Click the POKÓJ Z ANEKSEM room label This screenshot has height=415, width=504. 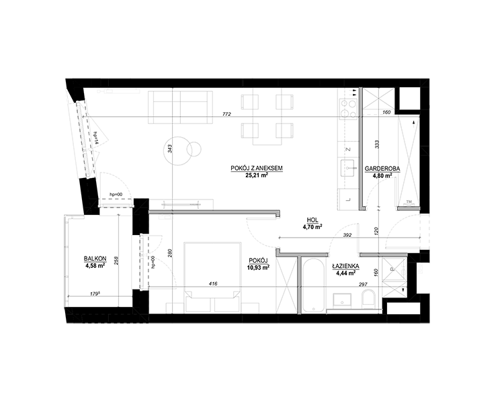[x=257, y=168]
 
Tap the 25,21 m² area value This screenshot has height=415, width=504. [x=257, y=175]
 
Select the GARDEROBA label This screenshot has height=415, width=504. [x=382, y=169]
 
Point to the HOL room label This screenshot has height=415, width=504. [x=312, y=220]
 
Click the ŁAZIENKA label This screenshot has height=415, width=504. [x=345, y=267]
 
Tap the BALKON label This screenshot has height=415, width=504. [x=95, y=259]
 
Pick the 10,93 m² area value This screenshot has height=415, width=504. [x=259, y=267]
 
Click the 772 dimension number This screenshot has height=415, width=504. [x=227, y=114]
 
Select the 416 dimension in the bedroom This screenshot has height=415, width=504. [x=213, y=283]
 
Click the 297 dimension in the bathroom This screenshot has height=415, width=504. [x=363, y=284]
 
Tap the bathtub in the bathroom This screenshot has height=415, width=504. [x=314, y=285]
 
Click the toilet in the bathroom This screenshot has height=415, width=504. [x=368, y=297]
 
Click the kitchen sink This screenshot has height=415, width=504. [x=347, y=168]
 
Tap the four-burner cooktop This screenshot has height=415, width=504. [x=348, y=108]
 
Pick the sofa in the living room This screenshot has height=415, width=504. [x=180, y=107]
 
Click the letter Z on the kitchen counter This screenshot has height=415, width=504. [x=347, y=149]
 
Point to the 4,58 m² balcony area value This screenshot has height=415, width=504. [x=95, y=266]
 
